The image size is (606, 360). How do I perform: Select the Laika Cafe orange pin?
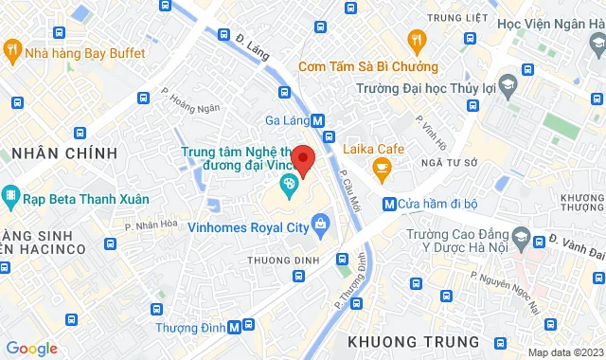coord(383,171)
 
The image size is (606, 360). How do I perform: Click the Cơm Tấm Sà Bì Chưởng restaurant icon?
coord(414,40)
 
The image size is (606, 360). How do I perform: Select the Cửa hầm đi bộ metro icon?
coord(388,203)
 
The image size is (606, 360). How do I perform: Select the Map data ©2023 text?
coord(564,352)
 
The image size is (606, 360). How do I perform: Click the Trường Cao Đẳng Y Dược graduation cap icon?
coord(521,236)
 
